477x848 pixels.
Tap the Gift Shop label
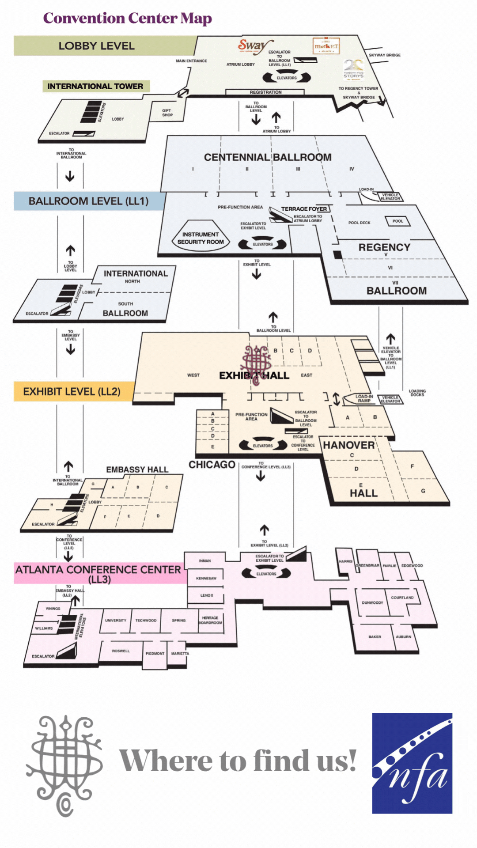tap(167, 113)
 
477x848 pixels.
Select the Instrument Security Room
tap(201, 238)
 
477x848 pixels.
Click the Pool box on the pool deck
tap(397, 221)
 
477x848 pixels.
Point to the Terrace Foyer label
tap(304, 209)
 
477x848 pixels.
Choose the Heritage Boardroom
tap(210, 620)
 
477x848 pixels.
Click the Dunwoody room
tap(372, 602)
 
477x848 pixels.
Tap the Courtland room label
tap(402, 598)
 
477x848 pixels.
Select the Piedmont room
tap(155, 653)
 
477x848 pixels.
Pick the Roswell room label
tap(121, 651)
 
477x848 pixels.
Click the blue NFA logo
tap(412, 763)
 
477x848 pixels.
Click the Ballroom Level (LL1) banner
tap(89, 201)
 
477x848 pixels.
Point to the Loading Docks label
tap(417, 393)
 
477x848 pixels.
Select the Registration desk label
tap(265, 92)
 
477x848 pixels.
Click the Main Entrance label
tap(191, 61)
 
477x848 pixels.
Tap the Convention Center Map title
tap(127, 18)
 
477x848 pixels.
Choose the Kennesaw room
tap(206, 578)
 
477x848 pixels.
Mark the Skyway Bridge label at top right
tap(384, 55)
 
